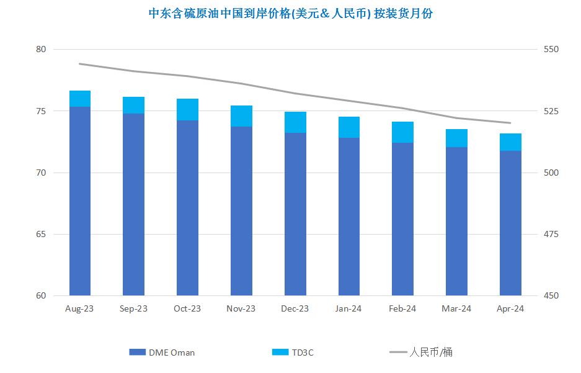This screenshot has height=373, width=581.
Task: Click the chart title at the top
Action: (291, 14)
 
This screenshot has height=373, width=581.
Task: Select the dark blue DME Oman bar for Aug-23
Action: (80, 201)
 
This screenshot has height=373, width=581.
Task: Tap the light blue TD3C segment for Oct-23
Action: (187, 109)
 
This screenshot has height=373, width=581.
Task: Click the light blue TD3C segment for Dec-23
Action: (295, 122)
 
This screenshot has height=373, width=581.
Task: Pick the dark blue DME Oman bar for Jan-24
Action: (349, 217)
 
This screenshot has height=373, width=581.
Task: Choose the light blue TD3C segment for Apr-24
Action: (510, 142)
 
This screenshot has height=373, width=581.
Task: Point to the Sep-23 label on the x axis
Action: (133, 309)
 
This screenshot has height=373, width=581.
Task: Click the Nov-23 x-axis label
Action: (241, 309)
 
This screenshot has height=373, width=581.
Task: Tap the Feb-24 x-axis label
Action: (402, 309)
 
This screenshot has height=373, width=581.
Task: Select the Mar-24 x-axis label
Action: (456, 309)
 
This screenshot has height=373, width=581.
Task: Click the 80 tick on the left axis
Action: (41, 50)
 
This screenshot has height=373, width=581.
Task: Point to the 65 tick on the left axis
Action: (41, 235)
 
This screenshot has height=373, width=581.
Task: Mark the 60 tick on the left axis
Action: (41, 296)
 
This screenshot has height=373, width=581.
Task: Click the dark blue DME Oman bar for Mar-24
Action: (456, 221)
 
